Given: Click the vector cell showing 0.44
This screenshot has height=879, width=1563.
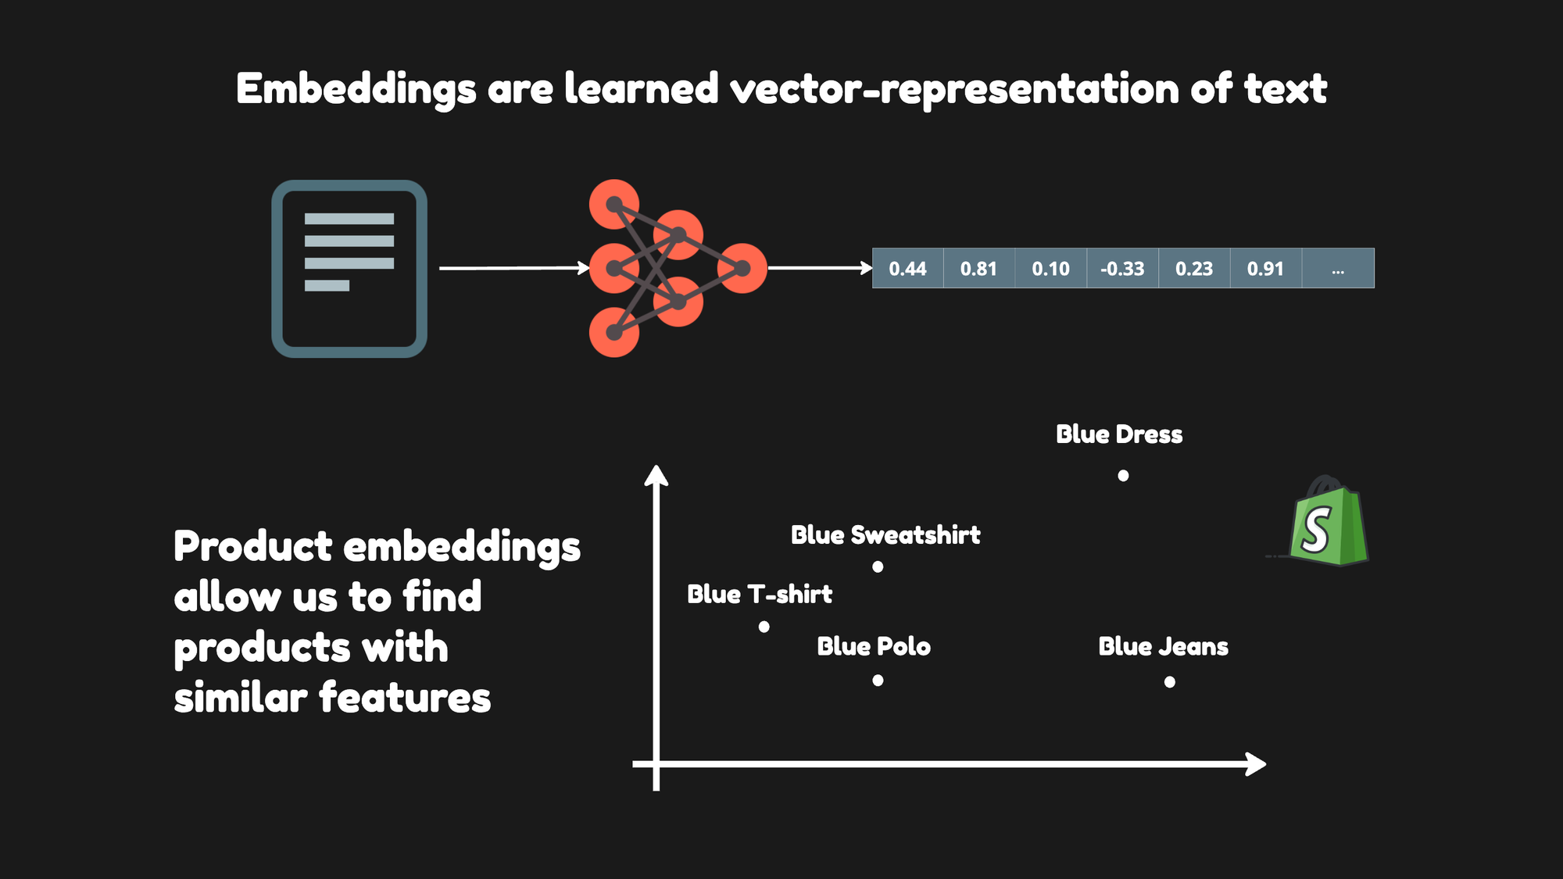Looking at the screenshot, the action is click(x=908, y=268).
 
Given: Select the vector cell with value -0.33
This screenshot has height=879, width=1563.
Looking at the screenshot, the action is click(x=1123, y=268).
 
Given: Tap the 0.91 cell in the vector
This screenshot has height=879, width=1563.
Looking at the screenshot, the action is click(x=1266, y=268).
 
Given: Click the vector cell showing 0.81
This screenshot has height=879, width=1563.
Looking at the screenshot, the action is click(x=979, y=268).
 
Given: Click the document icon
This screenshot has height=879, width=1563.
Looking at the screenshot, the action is click(x=349, y=269).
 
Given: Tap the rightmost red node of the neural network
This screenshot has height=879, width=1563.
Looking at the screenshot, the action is click(x=742, y=268).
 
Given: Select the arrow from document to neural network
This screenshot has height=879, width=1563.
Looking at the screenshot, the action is click(x=514, y=268).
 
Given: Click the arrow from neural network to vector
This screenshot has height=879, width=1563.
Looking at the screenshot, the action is click(x=821, y=268).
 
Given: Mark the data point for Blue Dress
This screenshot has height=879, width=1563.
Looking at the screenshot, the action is click(x=1123, y=475).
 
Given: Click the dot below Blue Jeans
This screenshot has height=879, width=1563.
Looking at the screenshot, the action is click(x=1170, y=682).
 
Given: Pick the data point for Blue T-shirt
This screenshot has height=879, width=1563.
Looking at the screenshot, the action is click(x=764, y=627).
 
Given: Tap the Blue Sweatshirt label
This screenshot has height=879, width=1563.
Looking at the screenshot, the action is click(x=885, y=535).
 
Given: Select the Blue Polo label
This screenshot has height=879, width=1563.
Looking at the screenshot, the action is click(x=874, y=646).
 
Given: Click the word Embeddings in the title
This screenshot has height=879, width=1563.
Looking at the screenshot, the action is click(x=356, y=89).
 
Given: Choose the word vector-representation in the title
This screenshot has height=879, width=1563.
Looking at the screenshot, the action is click(x=954, y=89).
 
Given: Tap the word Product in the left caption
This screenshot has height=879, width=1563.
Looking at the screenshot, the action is click(x=253, y=545).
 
